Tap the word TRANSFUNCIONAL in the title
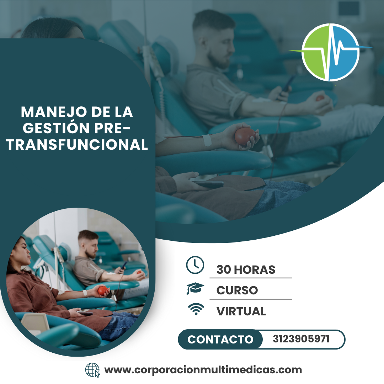pyautogui.click(x=77, y=144)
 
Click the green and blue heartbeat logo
pyautogui.click(x=330, y=52)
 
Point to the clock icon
pyautogui.click(x=195, y=265)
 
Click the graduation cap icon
pyautogui.click(x=195, y=289)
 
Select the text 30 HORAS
pyautogui.click(x=246, y=270)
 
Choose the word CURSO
pyautogui.click(x=237, y=290)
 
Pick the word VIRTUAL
pyautogui.click(x=241, y=311)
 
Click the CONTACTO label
pyautogui.click(x=220, y=339)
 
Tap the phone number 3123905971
pyautogui.click(x=301, y=339)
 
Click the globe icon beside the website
pyautogui.click(x=93, y=370)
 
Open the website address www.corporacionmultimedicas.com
pyautogui.click(x=203, y=370)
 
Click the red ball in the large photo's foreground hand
pyautogui.click(x=245, y=136)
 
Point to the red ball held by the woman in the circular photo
pyautogui.click(x=103, y=291)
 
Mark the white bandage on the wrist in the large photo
pyautogui.click(x=207, y=140)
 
